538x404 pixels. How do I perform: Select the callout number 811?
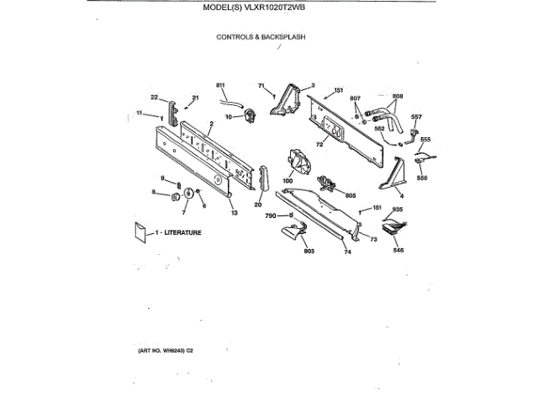(221, 86)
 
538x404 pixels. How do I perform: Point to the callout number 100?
(287, 181)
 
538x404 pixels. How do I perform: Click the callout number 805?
(351, 194)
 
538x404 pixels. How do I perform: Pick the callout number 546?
(398, 251)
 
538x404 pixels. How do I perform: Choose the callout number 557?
(416, 116)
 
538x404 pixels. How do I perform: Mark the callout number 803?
(308, 252)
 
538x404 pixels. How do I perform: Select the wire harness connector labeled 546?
(392, 226)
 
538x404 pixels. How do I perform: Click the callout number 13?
(235, 214)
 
